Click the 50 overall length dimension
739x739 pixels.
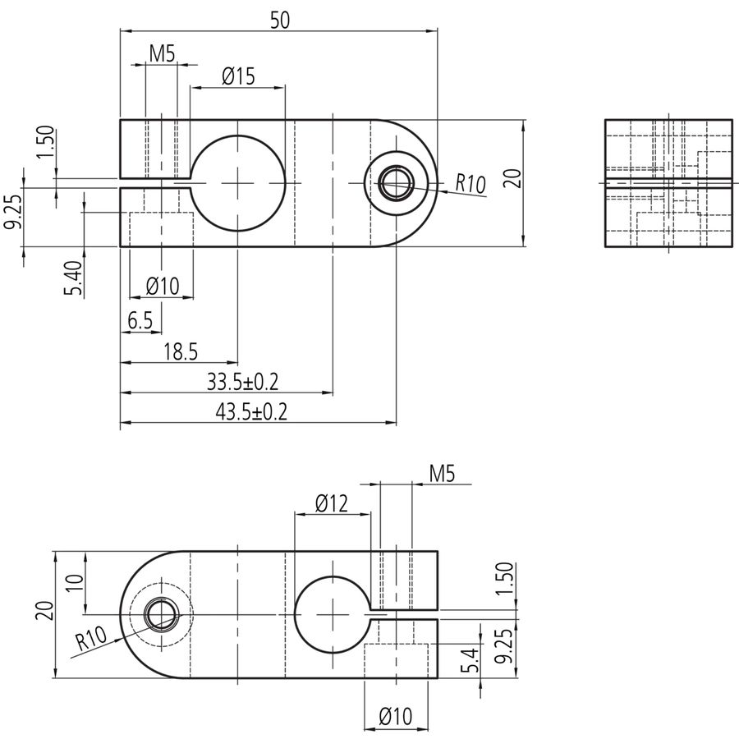click(x=280, y=21)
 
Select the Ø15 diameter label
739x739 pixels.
click(x=238, y=76)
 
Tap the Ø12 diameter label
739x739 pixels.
click(x=332, y=503)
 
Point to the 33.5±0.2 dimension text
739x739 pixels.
click(x=243, y=381)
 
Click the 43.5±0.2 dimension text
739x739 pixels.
click(x=251, y=412)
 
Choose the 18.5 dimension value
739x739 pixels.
click(x=181, y=351)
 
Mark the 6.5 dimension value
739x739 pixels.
click(x=140, y=321)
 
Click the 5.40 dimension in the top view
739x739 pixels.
click(x=74, y=278)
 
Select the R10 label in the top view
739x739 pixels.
click(x=470, y=183)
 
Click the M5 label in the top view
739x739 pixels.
click(x=162, y=54)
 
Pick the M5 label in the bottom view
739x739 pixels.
click(x=442, y=474)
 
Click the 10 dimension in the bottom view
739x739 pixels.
click(x=75, y=582)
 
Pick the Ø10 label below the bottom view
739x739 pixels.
click(x=396, y=716)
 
